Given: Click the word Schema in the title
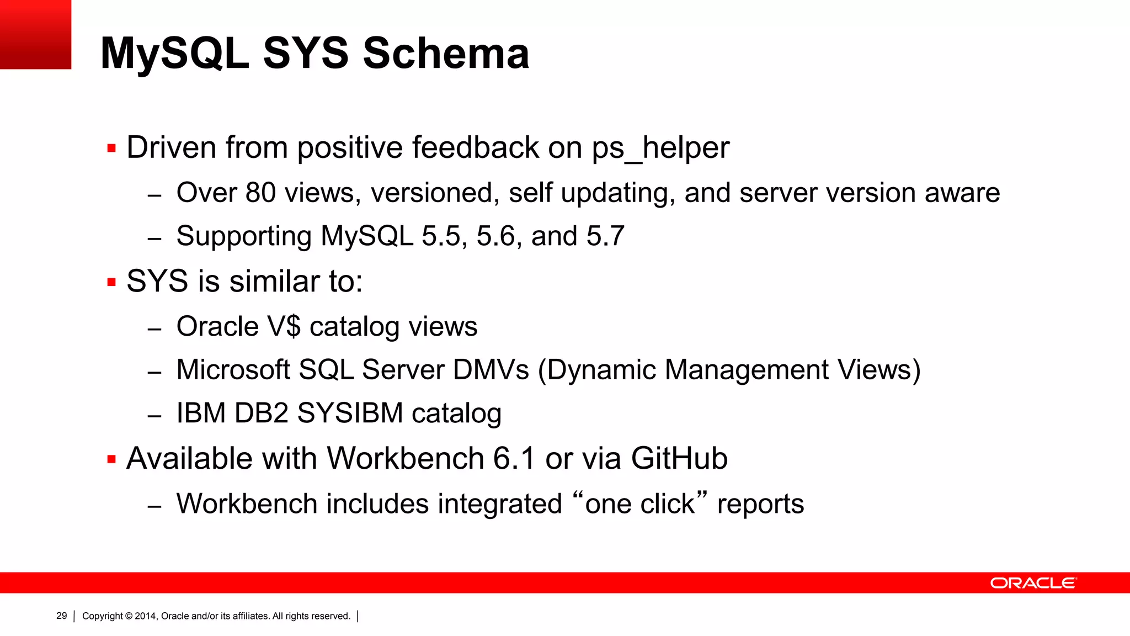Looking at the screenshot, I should tap(446, 54).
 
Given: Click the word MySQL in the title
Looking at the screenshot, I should tap(174, 54).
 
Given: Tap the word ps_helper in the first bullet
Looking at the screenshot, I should tap(660, 148).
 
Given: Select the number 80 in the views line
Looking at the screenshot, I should tap(260, 193).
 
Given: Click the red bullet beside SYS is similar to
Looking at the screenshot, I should tap(111, 283).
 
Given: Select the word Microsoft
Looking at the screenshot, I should tap(233, 370).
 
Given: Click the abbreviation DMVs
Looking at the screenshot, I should tap(491, 370).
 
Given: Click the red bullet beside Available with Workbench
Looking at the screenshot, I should tap(111, 459).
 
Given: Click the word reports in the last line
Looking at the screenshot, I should tap(760, 504).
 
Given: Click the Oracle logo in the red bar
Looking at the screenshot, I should tap(1033, 583).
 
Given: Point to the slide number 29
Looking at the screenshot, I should tap(62, 616).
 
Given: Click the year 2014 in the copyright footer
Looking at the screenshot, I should tap(146, 616).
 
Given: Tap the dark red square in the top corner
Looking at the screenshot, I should tap(35, 34).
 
